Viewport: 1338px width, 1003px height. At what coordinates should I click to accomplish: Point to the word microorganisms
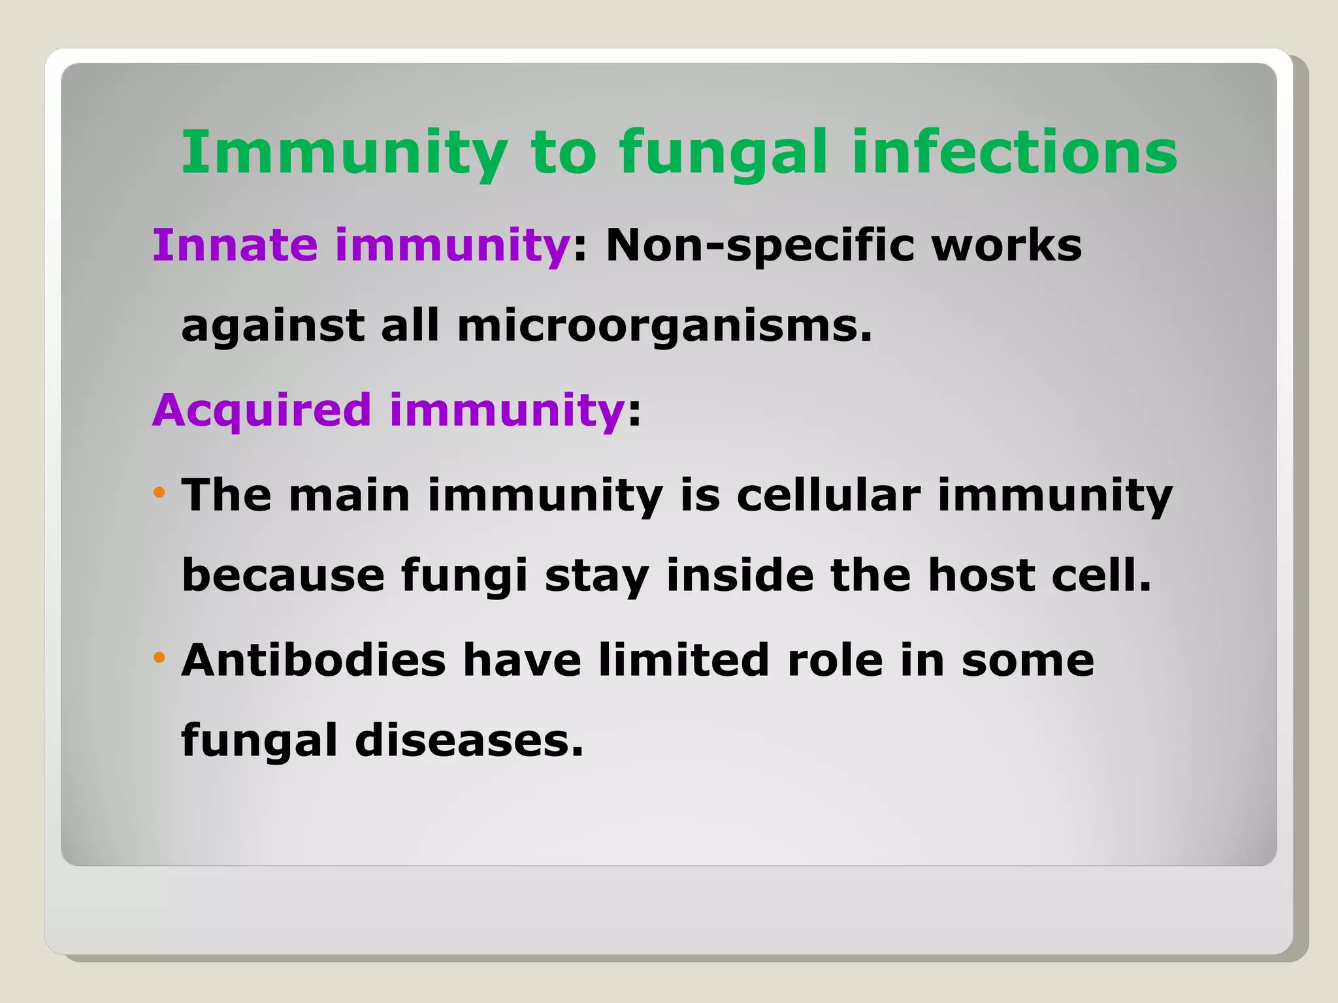[664, 326]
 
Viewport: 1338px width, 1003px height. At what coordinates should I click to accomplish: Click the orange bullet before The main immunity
[159, 492]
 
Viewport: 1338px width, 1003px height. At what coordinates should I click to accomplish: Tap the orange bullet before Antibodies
[159, 657]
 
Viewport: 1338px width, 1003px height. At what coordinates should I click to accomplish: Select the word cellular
[828, 494]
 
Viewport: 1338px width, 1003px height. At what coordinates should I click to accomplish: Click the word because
[283, 576]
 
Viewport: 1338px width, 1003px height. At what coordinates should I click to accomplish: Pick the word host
[981, 575]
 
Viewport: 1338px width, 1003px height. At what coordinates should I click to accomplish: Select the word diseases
[468, 740]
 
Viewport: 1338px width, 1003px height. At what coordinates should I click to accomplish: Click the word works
[1006, 246]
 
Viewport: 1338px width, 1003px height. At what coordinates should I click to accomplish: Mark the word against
[272, 326]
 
